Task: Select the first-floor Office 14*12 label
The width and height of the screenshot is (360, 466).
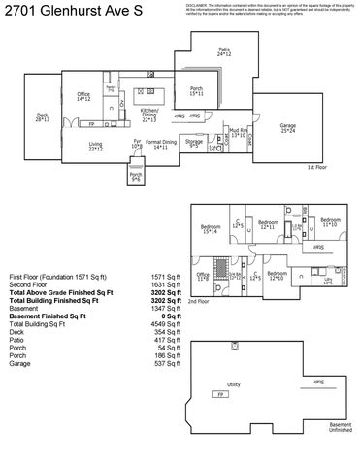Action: coord(83,97)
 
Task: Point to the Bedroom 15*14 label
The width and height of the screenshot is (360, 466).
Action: coord(210,231)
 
